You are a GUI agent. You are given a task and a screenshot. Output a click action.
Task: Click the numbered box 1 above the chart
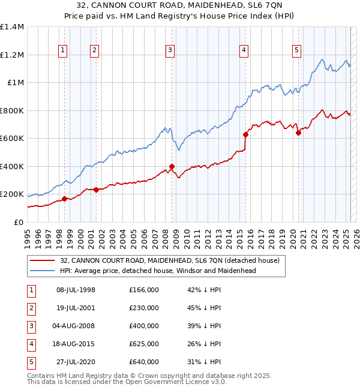point(63,51)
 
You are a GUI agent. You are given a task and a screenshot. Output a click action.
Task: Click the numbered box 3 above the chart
point(170,51)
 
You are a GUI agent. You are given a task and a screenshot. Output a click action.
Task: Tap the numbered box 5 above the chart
point(297,51)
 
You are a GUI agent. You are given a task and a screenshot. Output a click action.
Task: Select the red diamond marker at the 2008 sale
point(172,167)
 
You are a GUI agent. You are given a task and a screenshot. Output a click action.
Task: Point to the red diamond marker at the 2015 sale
point(245,135)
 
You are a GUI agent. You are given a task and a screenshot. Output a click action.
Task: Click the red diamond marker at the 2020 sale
point(298,133)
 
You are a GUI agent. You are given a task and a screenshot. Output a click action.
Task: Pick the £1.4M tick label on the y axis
point(12,27)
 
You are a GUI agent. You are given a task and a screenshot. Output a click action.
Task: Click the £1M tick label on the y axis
point(15,83)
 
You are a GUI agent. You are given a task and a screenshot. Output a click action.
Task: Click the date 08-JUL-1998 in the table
point(76,290)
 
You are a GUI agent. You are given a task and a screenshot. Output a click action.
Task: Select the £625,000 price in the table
point(144,344)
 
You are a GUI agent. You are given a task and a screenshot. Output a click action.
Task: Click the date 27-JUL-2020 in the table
point(76,362)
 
